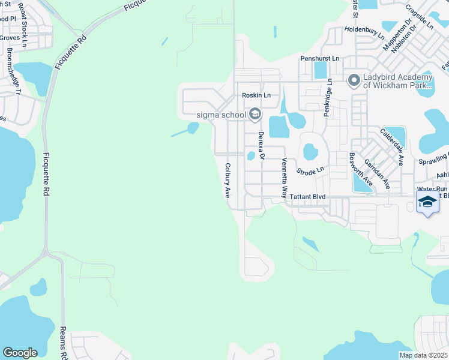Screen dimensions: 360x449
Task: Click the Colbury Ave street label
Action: click(228, 181)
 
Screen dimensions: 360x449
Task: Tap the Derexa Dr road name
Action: click(261, 146)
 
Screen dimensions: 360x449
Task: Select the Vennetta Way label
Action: click(284, 178)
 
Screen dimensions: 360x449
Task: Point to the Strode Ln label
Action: click(310, 172)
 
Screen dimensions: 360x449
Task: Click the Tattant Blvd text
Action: click(307, 197)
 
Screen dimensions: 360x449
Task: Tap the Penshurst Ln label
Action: click(320, 59)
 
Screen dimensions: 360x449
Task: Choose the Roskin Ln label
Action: click(256, 95)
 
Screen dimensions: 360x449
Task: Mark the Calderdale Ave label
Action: click(391, 146)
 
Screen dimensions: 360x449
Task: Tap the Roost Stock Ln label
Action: click(23, 23)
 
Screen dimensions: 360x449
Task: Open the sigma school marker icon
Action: click(255, 114)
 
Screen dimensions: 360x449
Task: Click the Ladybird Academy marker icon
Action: click(354, 79)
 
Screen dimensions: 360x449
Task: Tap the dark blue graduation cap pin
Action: click(427, 202)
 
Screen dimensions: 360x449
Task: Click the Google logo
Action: click(20, 353)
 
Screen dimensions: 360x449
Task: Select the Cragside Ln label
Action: click(419, 17)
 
